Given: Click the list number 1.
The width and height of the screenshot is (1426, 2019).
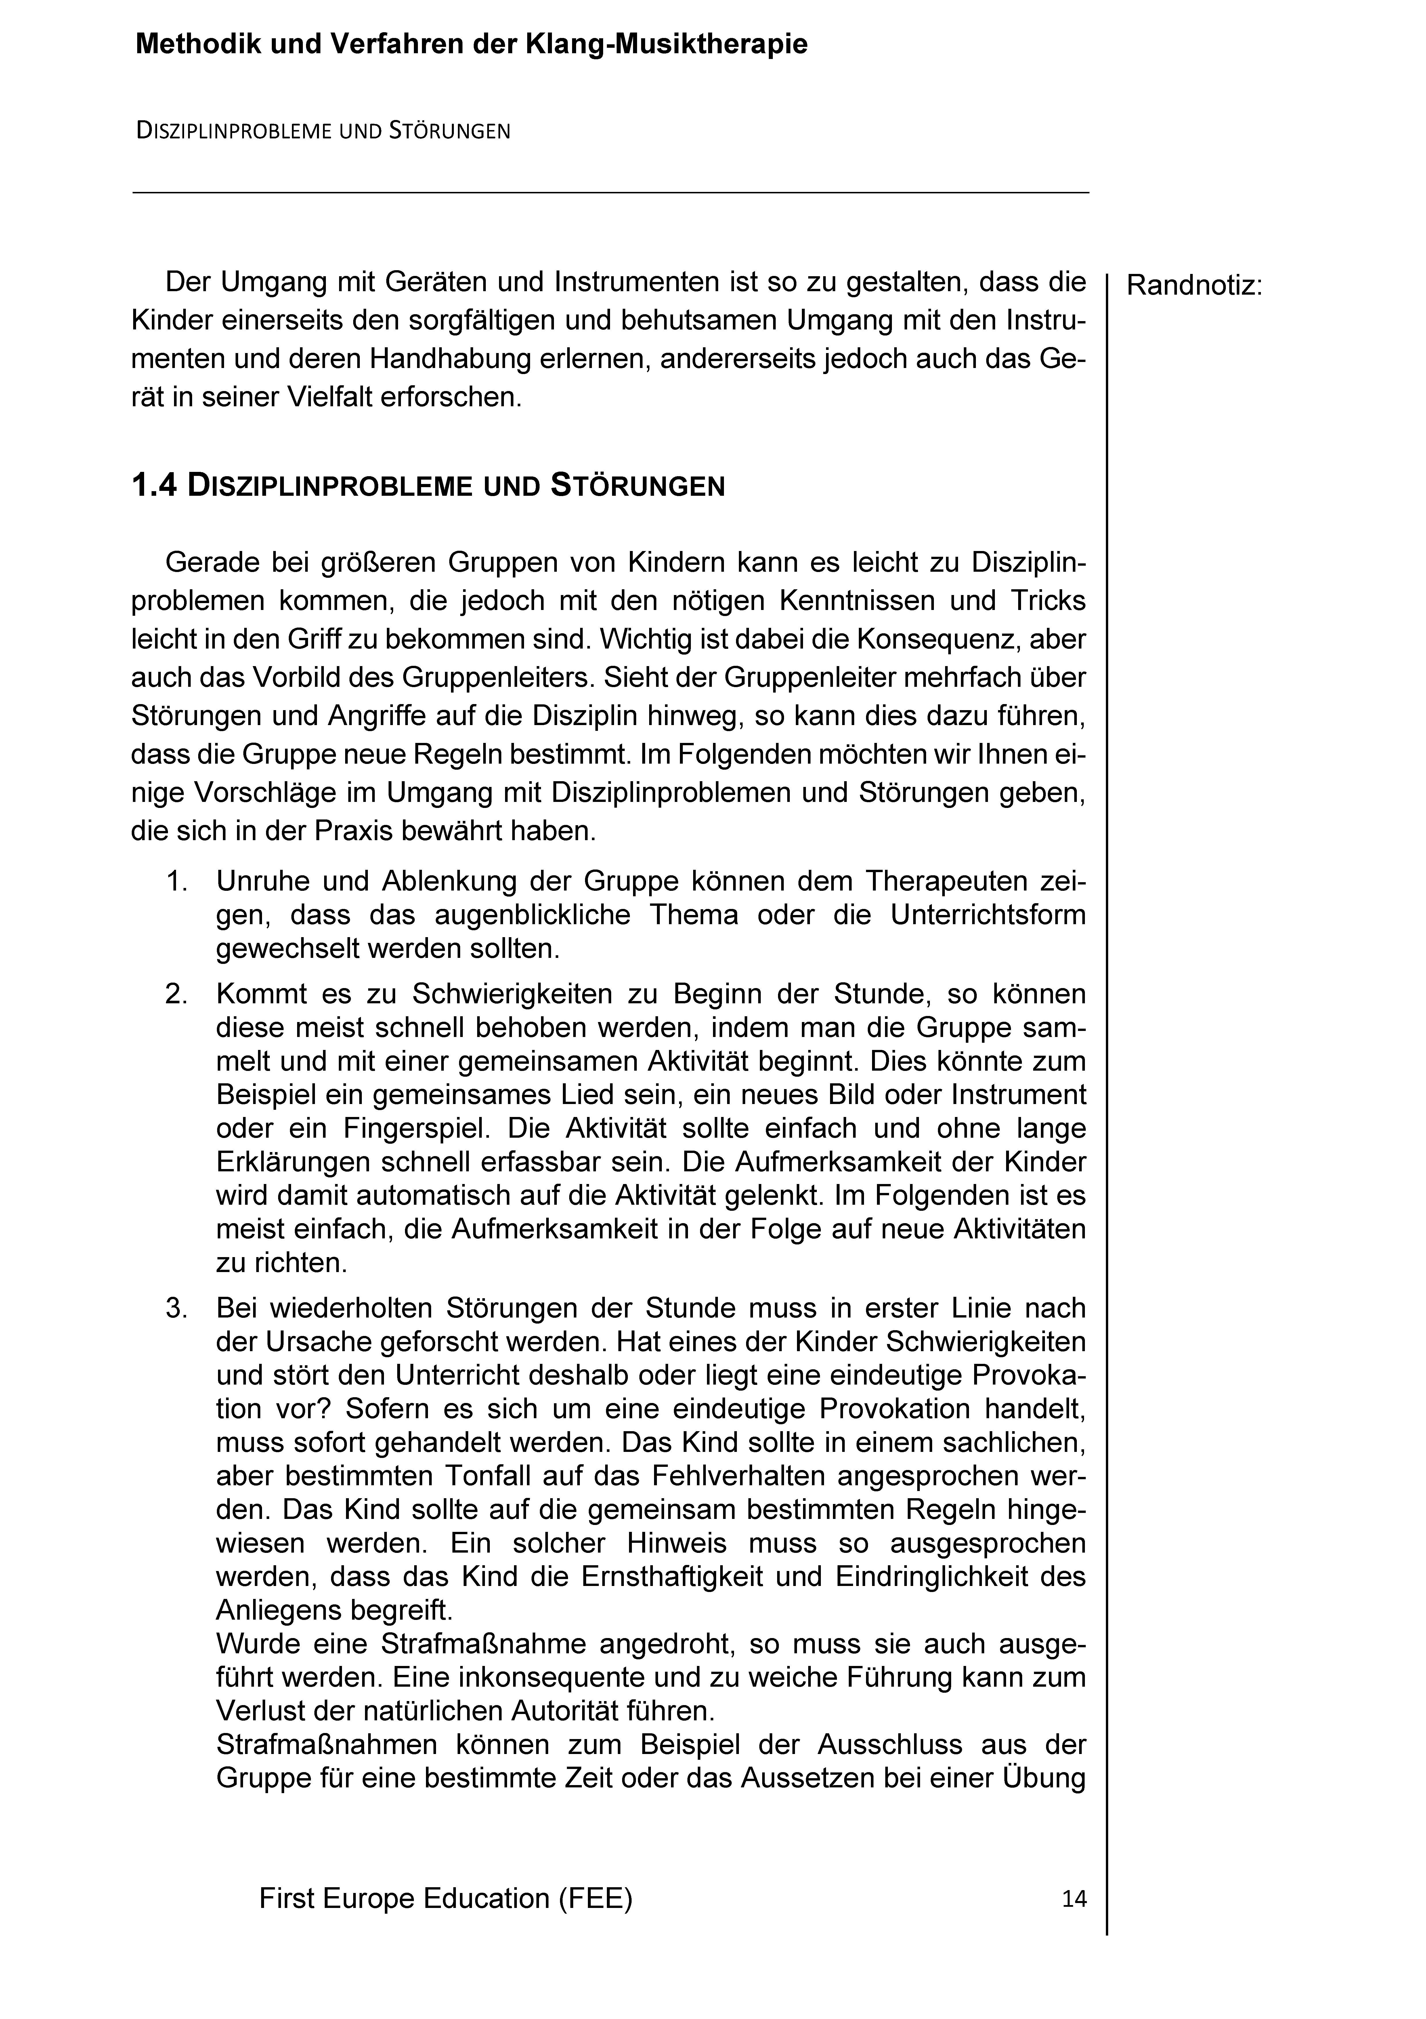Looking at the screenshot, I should tap(177, 881).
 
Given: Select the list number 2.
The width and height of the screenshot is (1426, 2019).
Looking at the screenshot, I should tap(177, 995).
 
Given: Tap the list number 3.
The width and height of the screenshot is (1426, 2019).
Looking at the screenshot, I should tap(177, 1309).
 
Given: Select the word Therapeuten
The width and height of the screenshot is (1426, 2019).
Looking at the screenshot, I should tap(943, 881).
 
